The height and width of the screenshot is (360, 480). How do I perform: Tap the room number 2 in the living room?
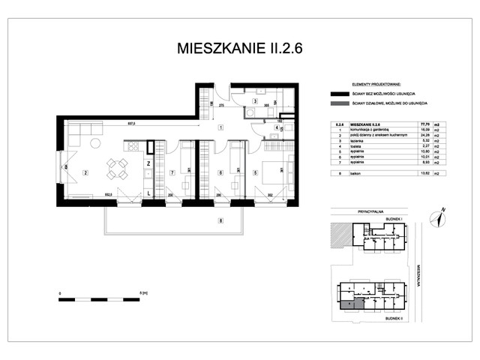pyautogui.click(x=85, y=173)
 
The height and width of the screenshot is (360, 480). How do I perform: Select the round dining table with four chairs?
pyautogui.click(x=115, y=167)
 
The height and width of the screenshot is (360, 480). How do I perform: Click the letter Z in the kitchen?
pyautogui.click(x=148, y=163)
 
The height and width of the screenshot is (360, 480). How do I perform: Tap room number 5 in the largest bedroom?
pyautogui.click(x=256, y=173)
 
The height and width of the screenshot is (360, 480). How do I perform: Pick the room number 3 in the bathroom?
pyautogui.click(x=255, y=101)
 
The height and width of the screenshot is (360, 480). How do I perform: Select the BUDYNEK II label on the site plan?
pyautogui.click(x=394, y=318)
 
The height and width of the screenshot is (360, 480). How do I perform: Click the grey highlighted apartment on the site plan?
pyautogui.click(x=349, y=304)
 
